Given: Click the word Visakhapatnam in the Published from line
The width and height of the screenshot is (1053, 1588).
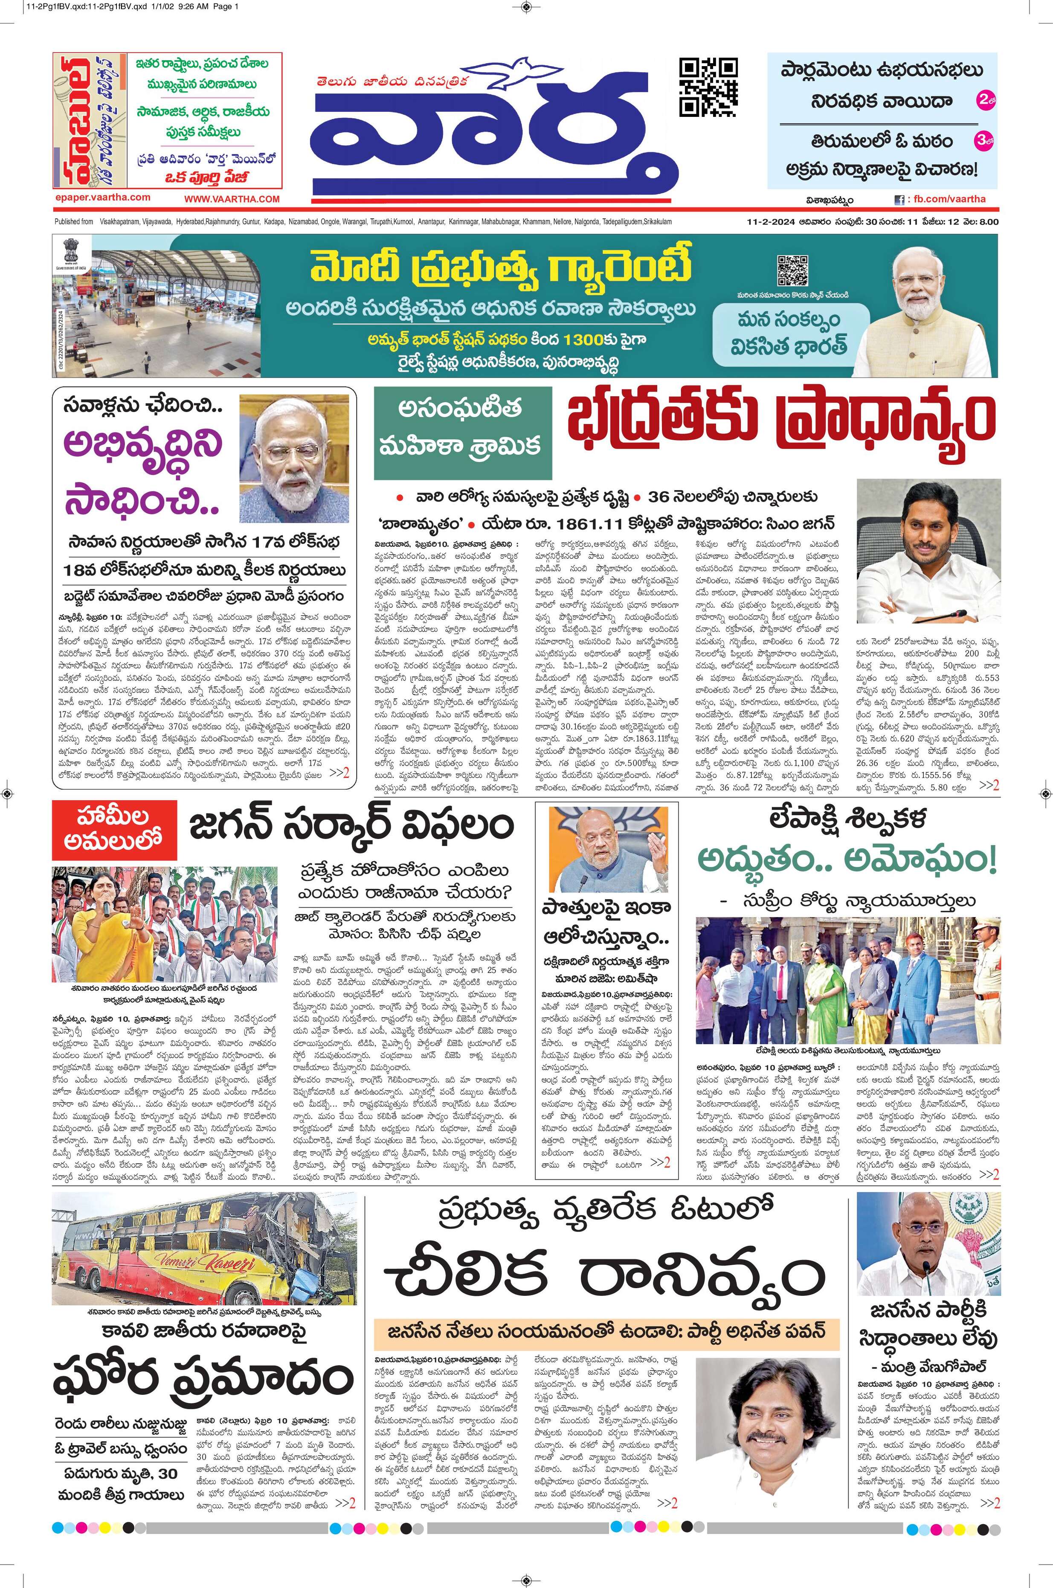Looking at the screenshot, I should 119,221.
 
